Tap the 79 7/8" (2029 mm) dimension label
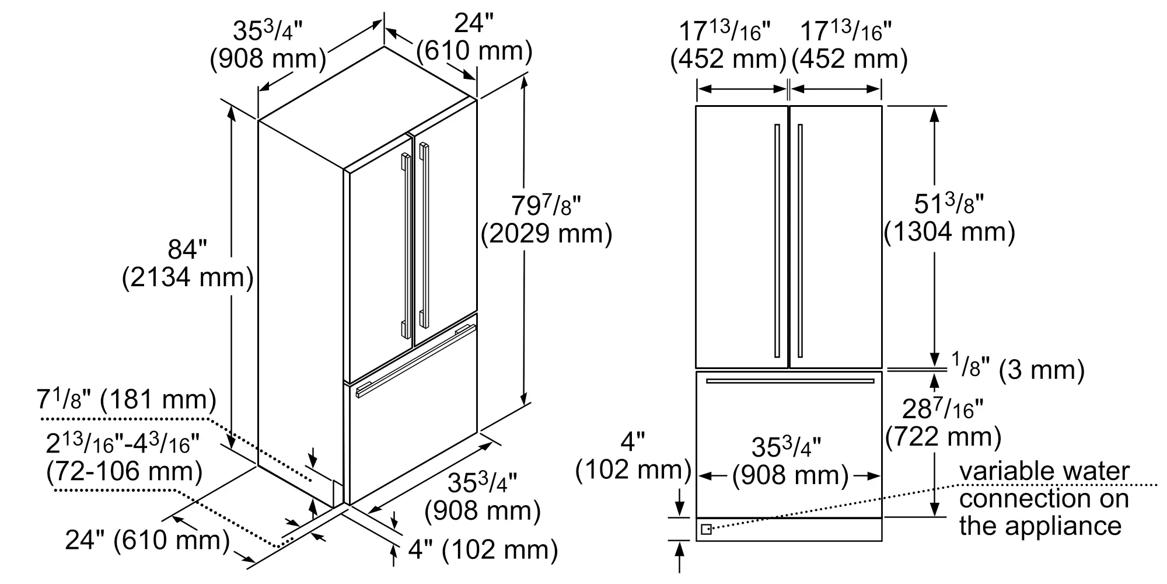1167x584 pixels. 546,220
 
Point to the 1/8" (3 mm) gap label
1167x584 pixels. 1018,369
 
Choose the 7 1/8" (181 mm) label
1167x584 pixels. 126,400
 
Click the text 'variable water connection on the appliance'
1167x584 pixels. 1043,499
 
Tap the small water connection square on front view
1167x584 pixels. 706,530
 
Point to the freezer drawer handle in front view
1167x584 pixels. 790,381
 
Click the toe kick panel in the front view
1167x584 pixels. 789,530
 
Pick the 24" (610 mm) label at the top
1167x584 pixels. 474,38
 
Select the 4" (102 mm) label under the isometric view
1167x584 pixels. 483,550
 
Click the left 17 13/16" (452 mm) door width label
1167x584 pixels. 728,46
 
